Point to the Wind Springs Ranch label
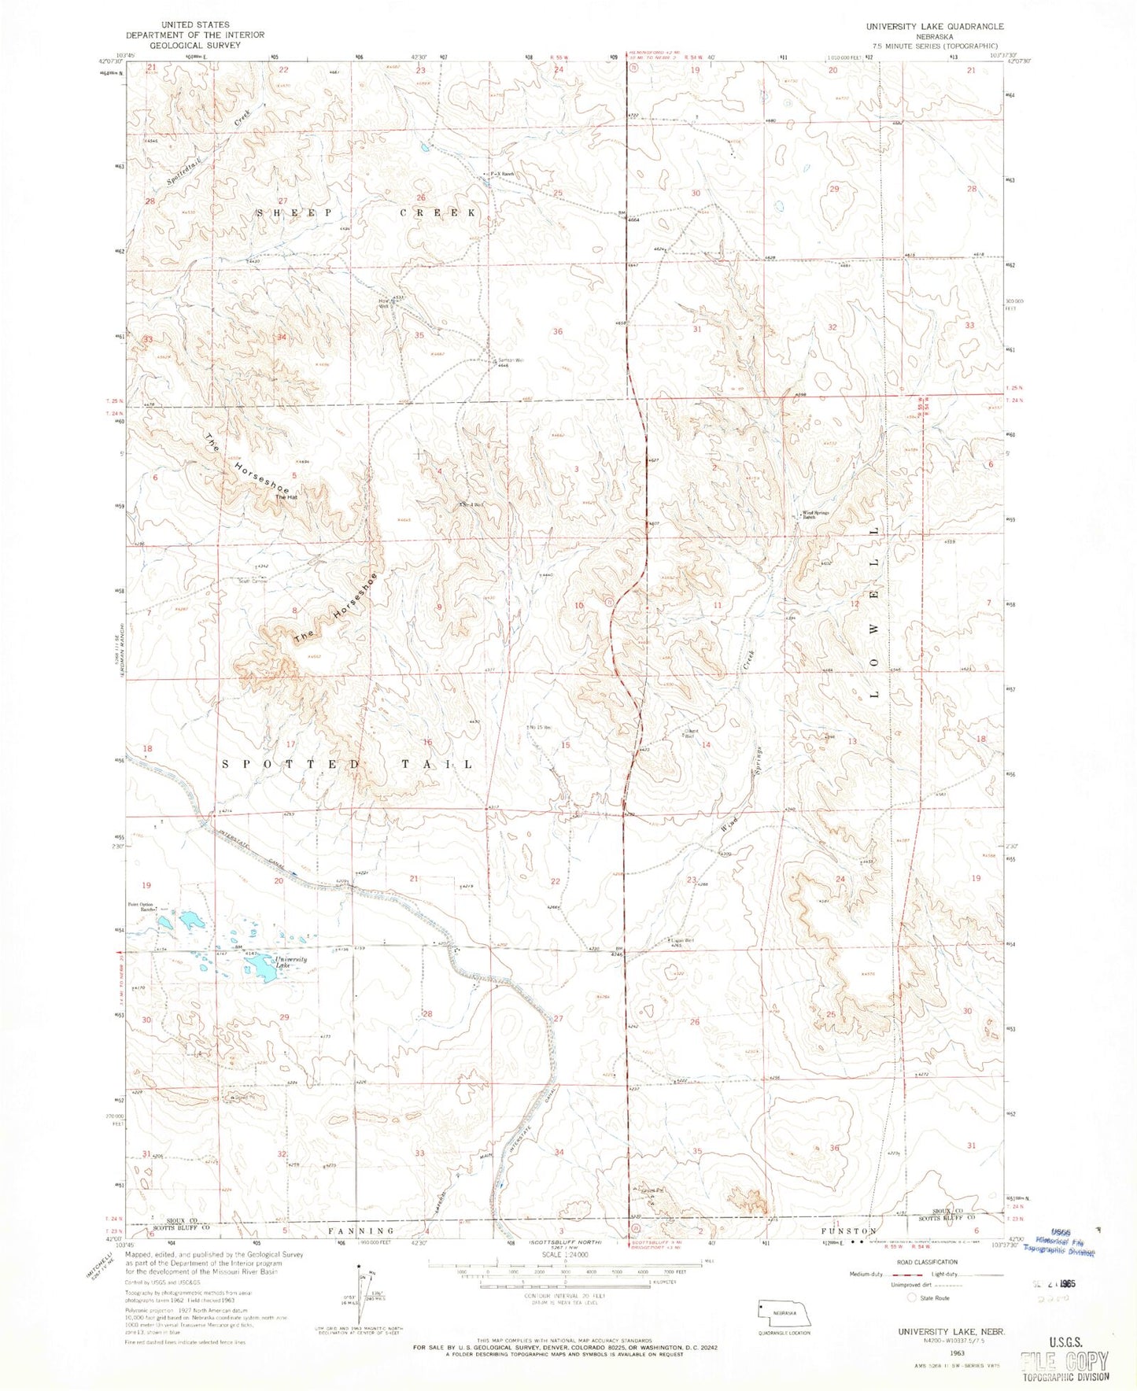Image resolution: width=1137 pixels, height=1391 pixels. click(x=815, y=517)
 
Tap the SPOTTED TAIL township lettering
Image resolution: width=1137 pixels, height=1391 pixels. click(x=348, y=764)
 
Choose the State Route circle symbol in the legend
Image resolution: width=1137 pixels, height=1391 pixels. click(x=913, y=1298)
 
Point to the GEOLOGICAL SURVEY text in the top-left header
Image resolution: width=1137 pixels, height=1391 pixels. click(x=195, y=45)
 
